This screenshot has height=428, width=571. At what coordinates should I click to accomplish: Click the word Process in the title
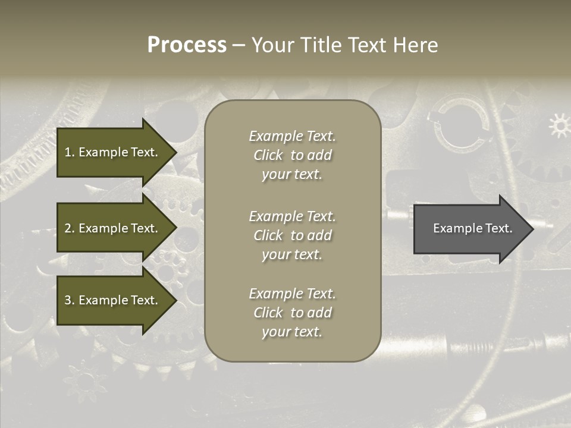point(187,45)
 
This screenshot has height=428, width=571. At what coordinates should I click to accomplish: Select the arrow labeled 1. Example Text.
point(112,152)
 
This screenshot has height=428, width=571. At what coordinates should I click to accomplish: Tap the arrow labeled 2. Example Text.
point(112,228)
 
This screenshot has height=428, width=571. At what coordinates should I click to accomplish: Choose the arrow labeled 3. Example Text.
point(112,300)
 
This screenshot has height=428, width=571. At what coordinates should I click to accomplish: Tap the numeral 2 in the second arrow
point(68,228)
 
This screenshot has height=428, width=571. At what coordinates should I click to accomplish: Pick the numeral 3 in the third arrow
point(68,300)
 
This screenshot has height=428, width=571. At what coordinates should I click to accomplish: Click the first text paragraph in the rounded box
point(292,155)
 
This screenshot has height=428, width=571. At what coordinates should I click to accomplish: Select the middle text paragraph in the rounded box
point(292,235)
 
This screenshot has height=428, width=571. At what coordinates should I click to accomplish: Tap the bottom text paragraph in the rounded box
point(292,313)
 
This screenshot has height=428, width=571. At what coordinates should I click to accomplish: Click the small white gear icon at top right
point(559,125)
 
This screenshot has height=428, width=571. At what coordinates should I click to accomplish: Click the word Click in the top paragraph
point(268,155)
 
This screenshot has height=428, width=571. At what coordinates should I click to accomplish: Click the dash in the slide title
point(239,45)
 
